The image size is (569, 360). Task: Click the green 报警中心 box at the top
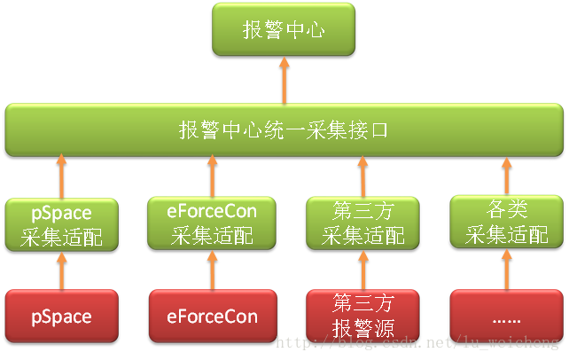click(284, 30)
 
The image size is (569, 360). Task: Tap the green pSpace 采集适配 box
click(61, 224)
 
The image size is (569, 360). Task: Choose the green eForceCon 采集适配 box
click(212, 224)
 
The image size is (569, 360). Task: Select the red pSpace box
click(61, 316)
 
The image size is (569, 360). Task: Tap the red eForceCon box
click(212, 316)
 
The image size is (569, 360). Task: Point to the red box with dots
click(506, 316)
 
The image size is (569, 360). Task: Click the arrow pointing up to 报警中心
click(284, 81)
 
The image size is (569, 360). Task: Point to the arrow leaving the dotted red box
click(506, 269)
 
